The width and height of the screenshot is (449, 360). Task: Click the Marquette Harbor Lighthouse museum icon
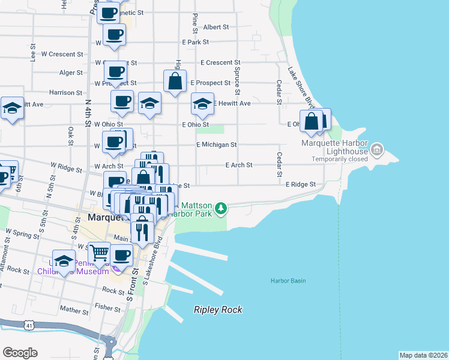377,148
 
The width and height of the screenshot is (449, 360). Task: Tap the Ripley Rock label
218,310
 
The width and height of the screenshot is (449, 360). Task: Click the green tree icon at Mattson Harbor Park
221,208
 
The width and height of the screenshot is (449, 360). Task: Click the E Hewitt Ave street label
232,103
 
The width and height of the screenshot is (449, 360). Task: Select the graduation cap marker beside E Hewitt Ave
203,104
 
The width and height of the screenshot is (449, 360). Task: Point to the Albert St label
216,27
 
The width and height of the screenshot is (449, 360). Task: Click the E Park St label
196,42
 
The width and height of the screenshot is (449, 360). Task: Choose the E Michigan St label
217,145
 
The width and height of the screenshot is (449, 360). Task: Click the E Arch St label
239,165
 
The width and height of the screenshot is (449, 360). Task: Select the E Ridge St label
300,185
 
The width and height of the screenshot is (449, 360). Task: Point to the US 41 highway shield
29,325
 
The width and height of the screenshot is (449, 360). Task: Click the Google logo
20,353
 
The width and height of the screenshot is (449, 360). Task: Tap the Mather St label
74,310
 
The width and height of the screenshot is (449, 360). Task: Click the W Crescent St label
62,54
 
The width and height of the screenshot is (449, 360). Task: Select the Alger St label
71,73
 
